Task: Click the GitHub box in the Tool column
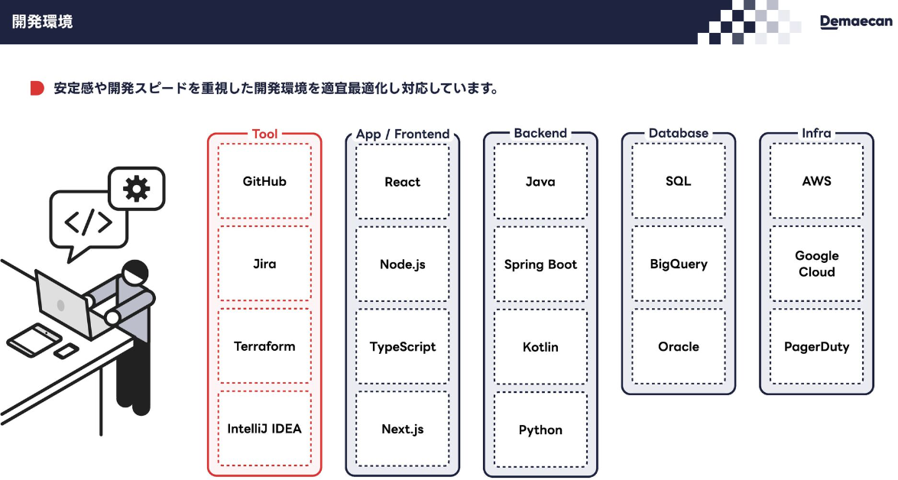(264, 182)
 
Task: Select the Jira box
(264, 264)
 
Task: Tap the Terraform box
(264, 346)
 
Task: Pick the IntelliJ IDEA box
(264, 429)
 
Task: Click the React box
(402, 182)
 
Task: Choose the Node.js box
(402, 264)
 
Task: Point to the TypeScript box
(402, 346)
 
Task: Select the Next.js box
(402, 429)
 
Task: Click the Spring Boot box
(540, 264)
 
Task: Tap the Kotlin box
(540, 346)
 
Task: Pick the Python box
(540, 430)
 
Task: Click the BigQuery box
(679, 264)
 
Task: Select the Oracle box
(679, 346)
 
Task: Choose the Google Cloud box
(816, 264)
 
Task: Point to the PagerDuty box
(816, 346)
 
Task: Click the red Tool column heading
(264, 134)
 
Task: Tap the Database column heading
(679, 133)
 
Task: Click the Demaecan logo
(855, 21)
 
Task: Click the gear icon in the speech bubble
(136, 187)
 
